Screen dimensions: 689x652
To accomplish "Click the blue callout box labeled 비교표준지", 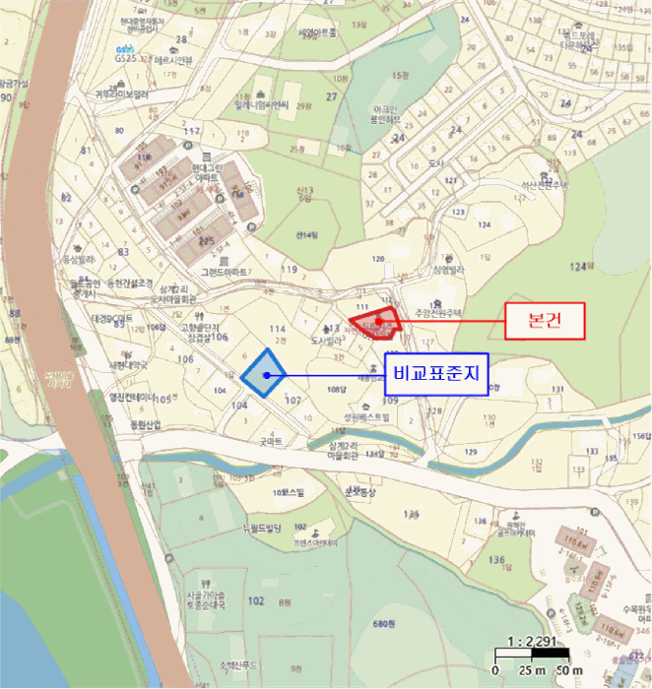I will [x=435, y=374].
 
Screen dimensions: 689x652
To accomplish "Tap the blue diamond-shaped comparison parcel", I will [x=263, y=373].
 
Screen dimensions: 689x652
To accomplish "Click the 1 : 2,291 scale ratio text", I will [x=533, y=641].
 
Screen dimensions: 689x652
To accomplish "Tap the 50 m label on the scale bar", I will [x=569, y=670].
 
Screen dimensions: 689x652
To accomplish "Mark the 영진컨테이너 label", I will [x=131, y=398].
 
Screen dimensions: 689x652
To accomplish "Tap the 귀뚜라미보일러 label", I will [x=121, y=94].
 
